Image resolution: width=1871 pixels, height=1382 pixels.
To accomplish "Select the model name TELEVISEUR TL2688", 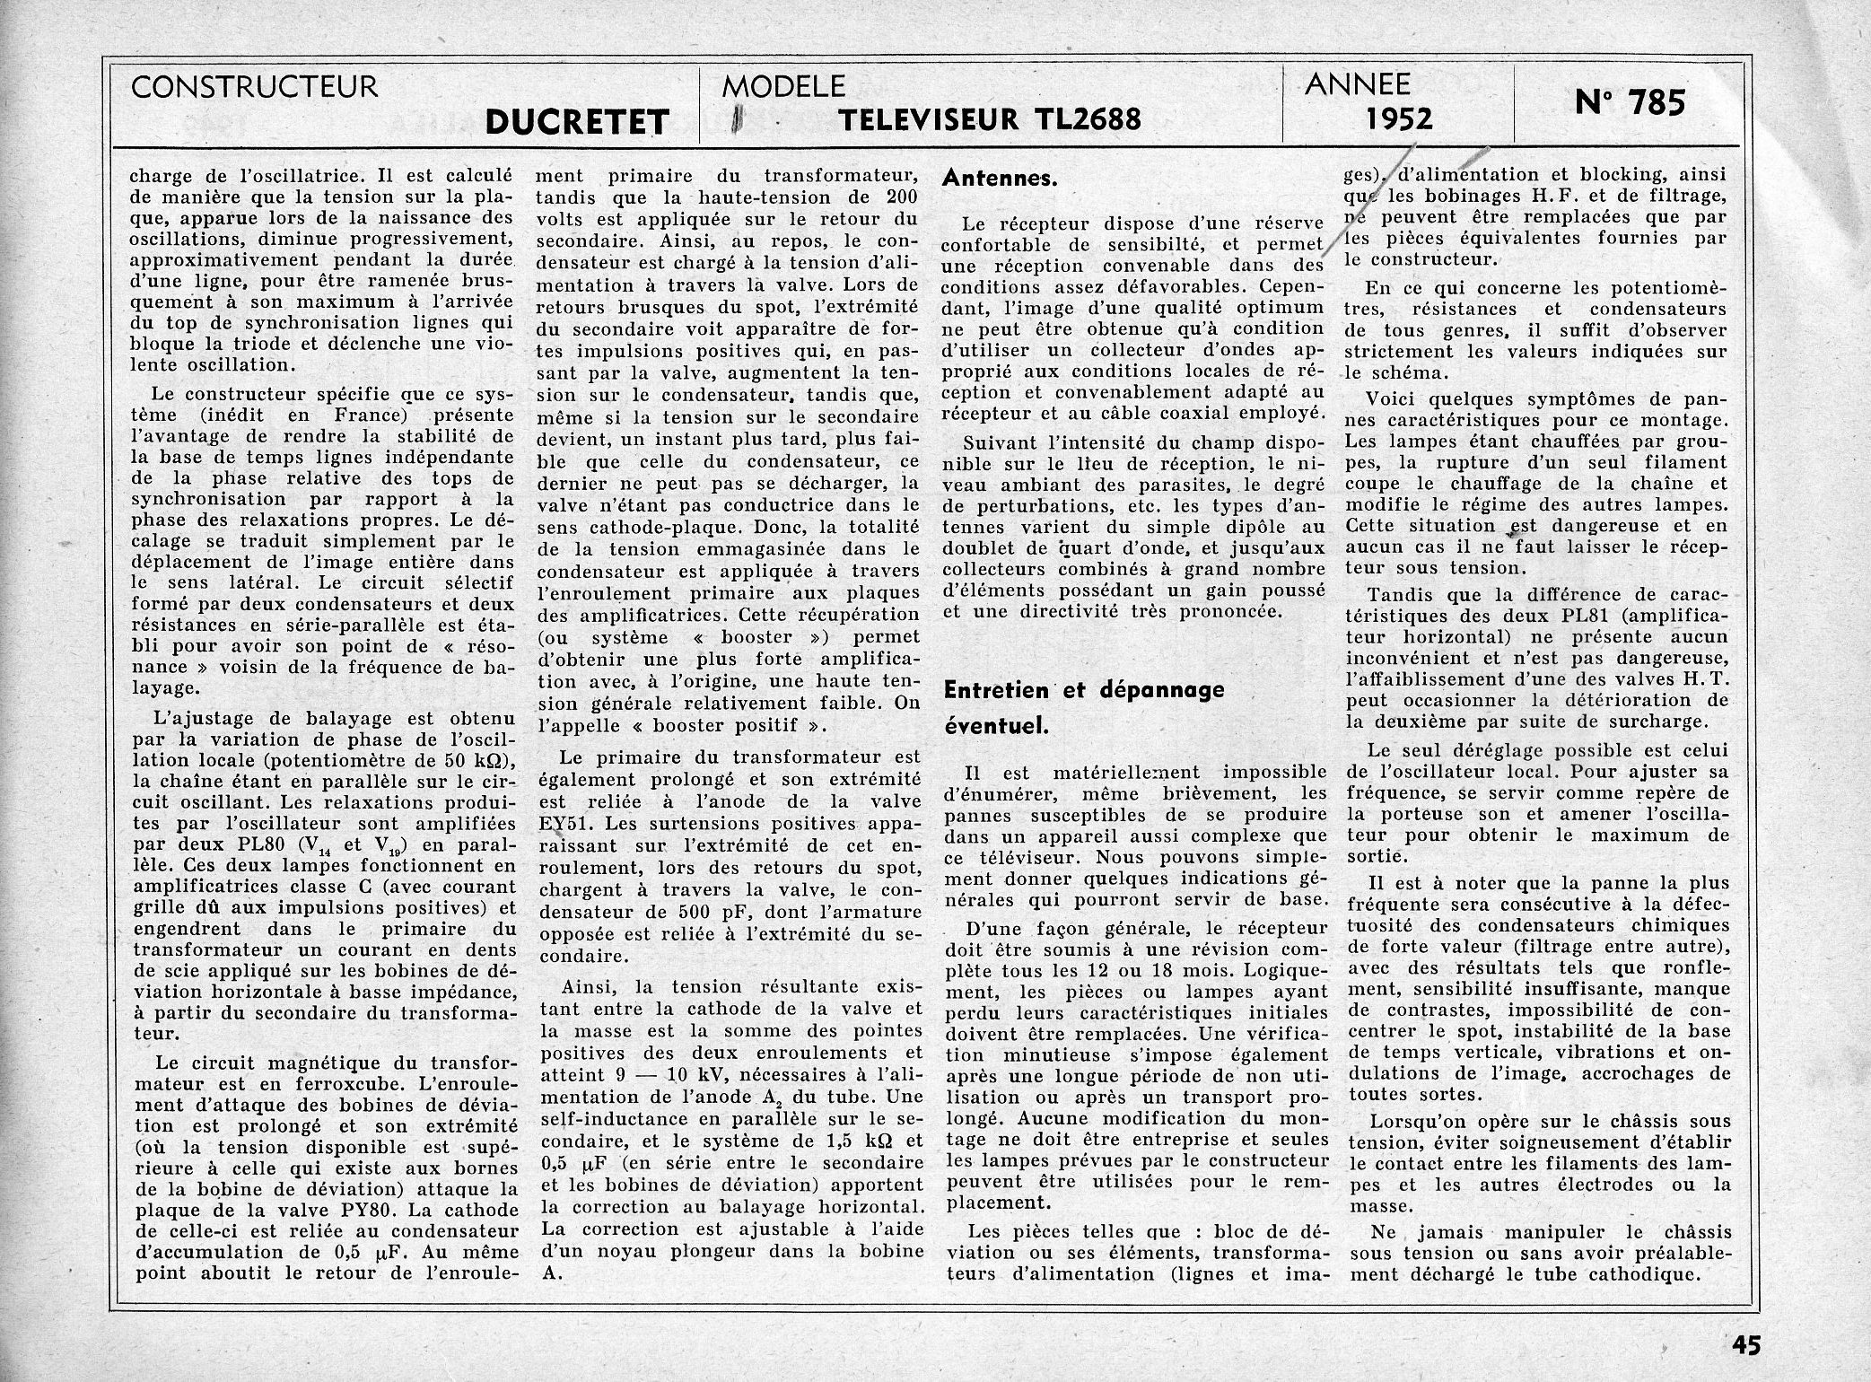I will point(990,118).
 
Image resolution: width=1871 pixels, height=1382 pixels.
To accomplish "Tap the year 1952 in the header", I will point(1400,118).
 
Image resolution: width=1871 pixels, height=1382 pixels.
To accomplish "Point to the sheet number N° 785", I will point(1630,103).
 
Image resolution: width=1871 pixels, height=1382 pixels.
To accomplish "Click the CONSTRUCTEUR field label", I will point(254,87).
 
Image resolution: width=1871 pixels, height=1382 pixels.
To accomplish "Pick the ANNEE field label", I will point(1357,84).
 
